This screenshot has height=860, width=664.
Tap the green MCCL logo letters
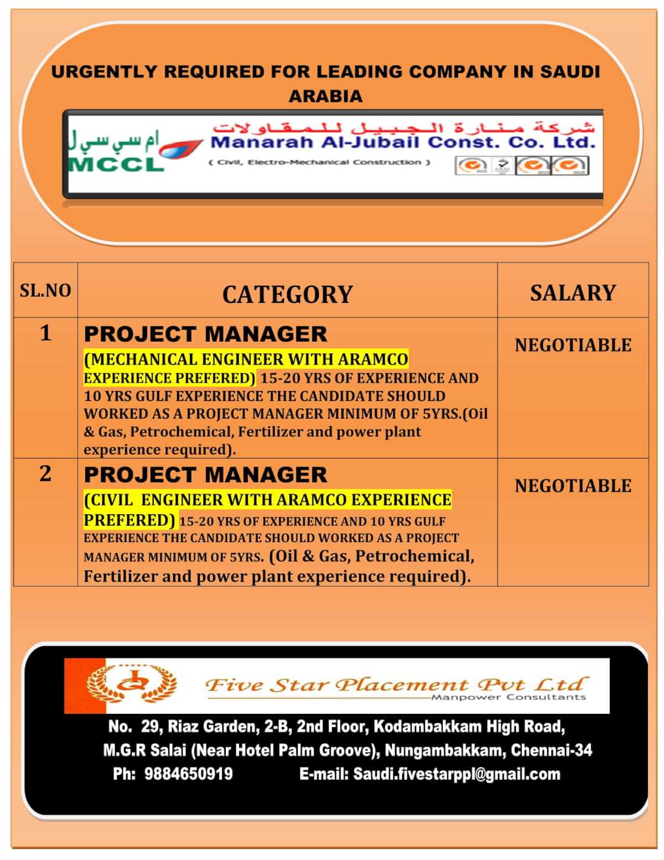point(116,163)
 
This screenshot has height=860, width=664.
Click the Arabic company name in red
point(404,127)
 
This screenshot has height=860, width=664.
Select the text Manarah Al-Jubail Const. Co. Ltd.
point(403,143)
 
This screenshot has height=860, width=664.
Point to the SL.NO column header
point(45,290)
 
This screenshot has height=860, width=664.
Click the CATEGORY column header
point(287,294)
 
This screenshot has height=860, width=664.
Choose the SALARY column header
point(573,292)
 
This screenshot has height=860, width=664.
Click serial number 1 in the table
point(45,333)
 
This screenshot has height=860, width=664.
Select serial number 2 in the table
point(45,473)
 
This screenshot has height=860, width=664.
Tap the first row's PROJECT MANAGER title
point(205,334)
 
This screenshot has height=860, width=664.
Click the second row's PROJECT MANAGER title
point(205,475)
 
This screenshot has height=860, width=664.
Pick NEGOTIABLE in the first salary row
point(573,345)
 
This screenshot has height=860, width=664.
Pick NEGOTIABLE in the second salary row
point(573,486)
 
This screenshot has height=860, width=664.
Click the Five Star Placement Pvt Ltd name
point(395,684)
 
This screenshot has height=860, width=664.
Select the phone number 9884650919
point(189,774)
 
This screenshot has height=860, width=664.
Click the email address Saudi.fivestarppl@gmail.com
point(456,774)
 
